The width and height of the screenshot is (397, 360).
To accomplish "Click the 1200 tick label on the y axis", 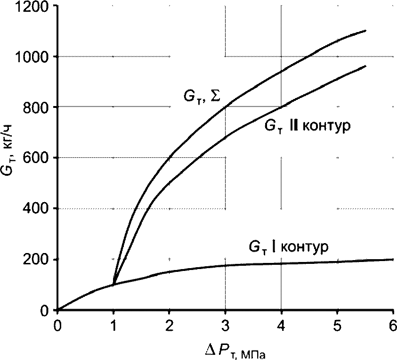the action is [32, 7].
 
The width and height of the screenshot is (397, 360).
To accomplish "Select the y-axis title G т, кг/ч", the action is [8, 150].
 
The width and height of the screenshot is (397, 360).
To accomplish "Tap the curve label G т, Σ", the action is [202, 98].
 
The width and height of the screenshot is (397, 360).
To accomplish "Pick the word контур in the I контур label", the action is [305, 246].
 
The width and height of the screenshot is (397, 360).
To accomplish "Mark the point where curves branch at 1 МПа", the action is [113, 285].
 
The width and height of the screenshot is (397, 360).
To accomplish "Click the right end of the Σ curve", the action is [365, 31].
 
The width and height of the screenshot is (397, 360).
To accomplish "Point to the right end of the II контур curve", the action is [365, 66].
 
